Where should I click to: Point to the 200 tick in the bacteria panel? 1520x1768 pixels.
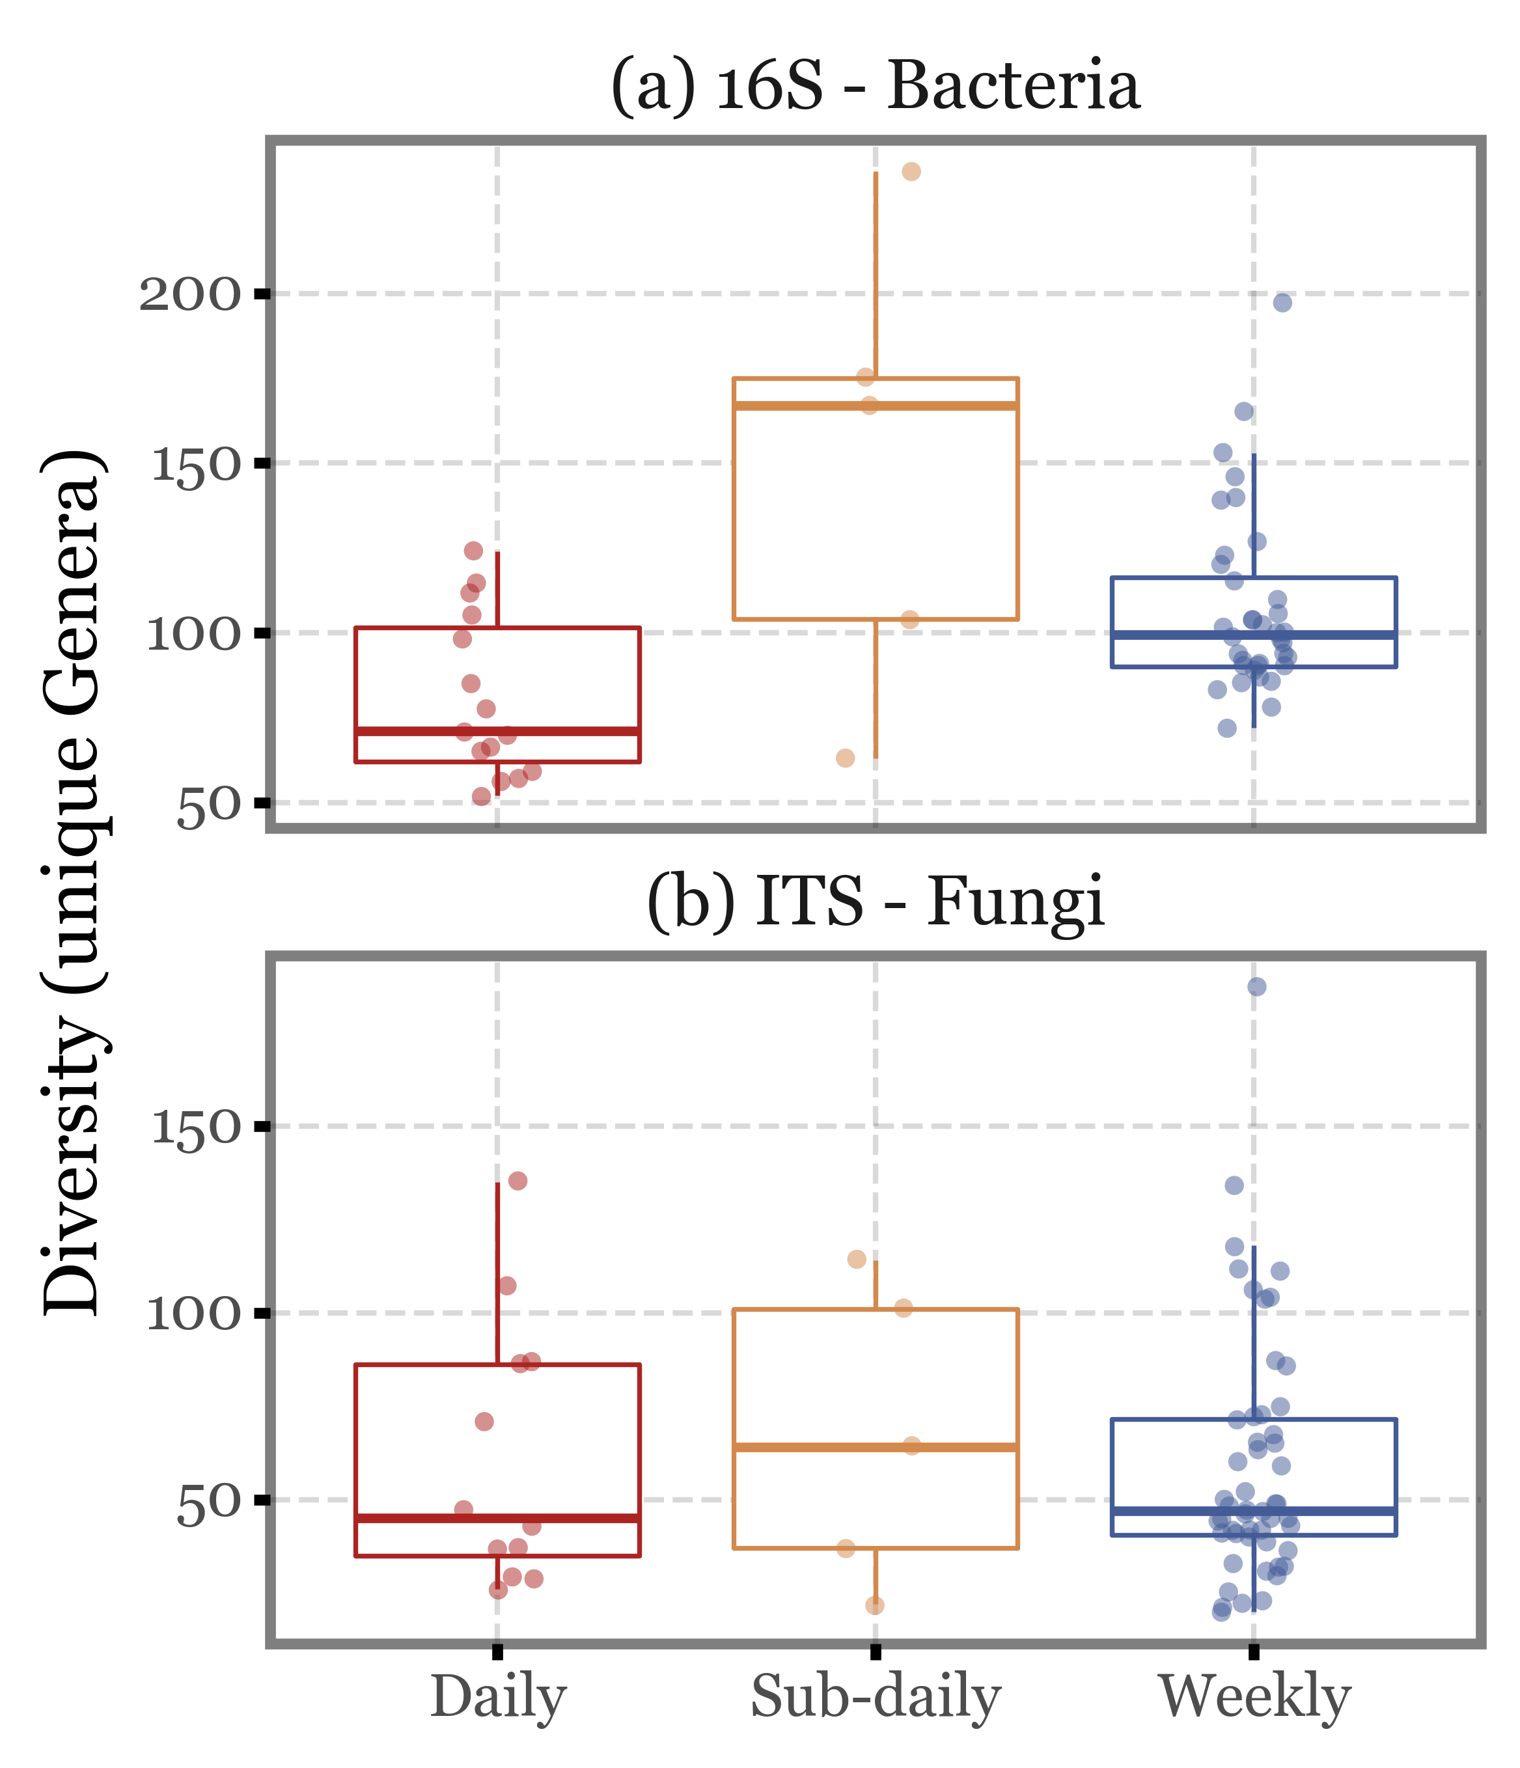(190, 296)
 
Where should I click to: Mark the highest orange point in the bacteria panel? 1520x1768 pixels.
(911, 171)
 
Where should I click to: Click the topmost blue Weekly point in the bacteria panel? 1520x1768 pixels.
(1282, 303)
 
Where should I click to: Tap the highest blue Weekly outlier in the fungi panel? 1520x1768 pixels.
(1256, 986)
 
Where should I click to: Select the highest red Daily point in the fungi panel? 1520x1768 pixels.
(518, 1181)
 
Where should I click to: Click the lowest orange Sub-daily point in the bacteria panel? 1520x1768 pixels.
(845, 758)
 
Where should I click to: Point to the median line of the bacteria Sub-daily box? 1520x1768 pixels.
(875, 406)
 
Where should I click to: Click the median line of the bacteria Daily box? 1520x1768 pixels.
(497, 731)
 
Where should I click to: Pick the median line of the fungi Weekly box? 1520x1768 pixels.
(1254, 1511)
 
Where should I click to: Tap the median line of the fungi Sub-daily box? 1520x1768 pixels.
(875, 1447)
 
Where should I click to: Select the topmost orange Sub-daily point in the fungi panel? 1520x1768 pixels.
(857, 1260)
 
